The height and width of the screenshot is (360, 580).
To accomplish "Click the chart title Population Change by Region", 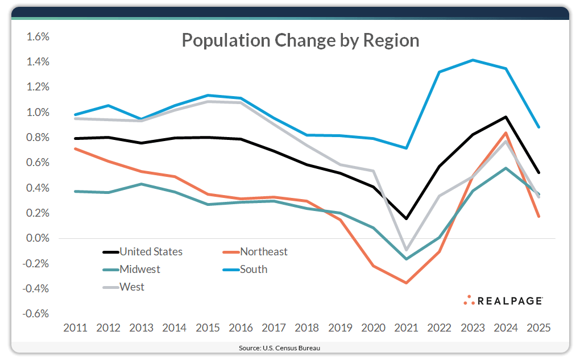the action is click(300, 40).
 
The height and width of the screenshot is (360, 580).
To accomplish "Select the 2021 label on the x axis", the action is click(405, 328).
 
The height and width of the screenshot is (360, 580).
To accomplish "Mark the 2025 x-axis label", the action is click(537, 328).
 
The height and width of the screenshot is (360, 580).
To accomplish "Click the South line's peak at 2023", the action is click(472, 60).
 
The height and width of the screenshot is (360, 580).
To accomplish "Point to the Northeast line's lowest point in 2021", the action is click(406, 283).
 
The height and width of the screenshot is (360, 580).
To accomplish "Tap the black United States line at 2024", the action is click(506, 117).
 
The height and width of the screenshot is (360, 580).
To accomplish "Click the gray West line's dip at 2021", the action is click(406, 250).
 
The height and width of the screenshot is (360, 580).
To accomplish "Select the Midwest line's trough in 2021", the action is click(406, 259).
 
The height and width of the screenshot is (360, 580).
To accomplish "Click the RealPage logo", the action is click(503, 300).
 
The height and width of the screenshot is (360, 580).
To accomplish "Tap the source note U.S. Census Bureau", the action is click(290, 347).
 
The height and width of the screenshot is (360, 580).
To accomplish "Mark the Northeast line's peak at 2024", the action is click(506, 133).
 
